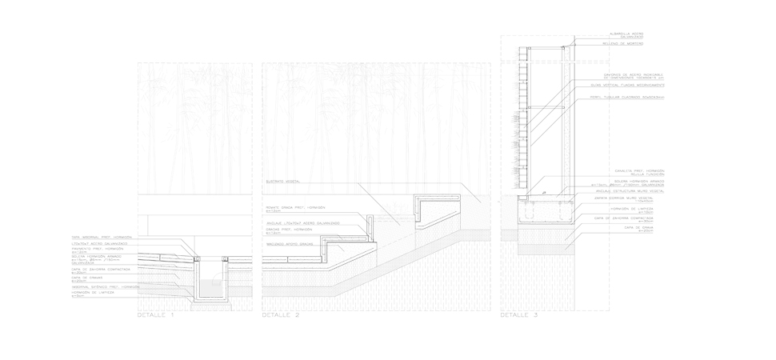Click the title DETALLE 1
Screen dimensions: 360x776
click(x=156, y=315)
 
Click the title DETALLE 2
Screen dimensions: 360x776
click(x=281, y=315)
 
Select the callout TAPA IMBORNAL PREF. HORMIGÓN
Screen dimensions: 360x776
click(x=102, y=238)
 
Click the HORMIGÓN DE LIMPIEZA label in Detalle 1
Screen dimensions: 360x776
click(x=93, y=294)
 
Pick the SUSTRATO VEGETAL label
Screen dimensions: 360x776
click(x=282, y=182)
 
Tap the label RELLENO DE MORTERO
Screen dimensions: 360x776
click(x=625, y=44)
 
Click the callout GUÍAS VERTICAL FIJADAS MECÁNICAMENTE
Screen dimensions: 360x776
click(x=629, y=85)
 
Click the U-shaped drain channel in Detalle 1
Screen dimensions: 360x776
click(x=210, y=280)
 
